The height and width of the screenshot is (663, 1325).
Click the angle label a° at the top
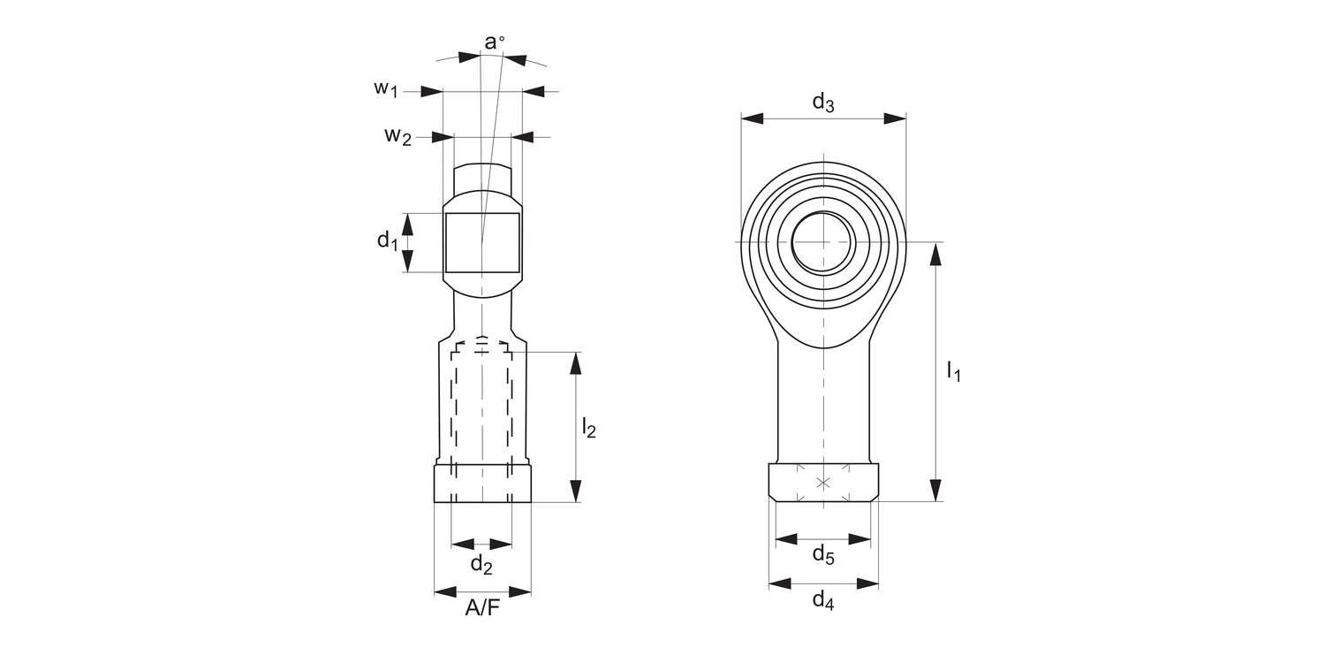click(495, 42)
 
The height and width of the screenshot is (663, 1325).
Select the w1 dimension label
click(386, 88)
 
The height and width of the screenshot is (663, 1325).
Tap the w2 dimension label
click(397, 136)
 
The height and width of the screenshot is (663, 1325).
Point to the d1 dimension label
click(388, 240)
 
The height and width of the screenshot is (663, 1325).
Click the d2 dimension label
click(481, 564)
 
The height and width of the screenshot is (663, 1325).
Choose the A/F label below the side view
click(482, 609)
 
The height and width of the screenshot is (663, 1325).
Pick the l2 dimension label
click(588, 429)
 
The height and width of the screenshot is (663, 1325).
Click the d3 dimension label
click(822, 103)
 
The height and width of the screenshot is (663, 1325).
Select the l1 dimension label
click(953, 370)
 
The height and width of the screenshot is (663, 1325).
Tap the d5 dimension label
click(822, 555)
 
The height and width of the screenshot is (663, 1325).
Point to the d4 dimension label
click(822, 601)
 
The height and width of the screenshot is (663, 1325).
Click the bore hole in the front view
click(822, 241)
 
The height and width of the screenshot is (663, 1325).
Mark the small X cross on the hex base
click(823, 483)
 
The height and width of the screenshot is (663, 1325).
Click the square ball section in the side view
click(482, 242)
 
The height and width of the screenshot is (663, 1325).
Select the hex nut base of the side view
click(482, 484)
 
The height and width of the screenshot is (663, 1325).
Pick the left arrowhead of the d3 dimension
click(752, 118)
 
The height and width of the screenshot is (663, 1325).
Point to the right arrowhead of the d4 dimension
click(868, 583)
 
